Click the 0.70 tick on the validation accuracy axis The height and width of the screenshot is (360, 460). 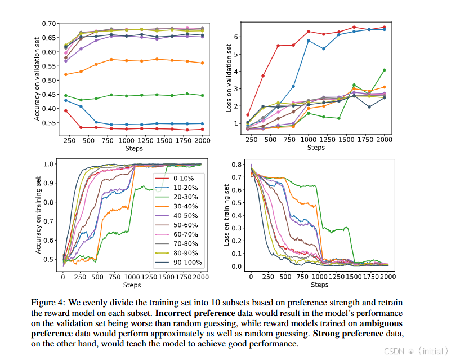point(50,24)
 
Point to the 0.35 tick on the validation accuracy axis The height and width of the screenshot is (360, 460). point(50,123)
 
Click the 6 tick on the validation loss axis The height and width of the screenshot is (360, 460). point(238,37)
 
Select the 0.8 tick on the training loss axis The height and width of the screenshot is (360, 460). point(236,165)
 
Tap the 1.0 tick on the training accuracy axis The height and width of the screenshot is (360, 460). point(50,164)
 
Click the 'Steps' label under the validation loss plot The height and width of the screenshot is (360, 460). point(316,148)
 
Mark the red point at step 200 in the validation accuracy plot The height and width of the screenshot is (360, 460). point(66,110)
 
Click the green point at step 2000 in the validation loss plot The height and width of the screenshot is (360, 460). point(385,70)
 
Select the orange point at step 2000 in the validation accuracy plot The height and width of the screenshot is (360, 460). point(203,63)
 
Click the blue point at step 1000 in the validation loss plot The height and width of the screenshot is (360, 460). point(309,41)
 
